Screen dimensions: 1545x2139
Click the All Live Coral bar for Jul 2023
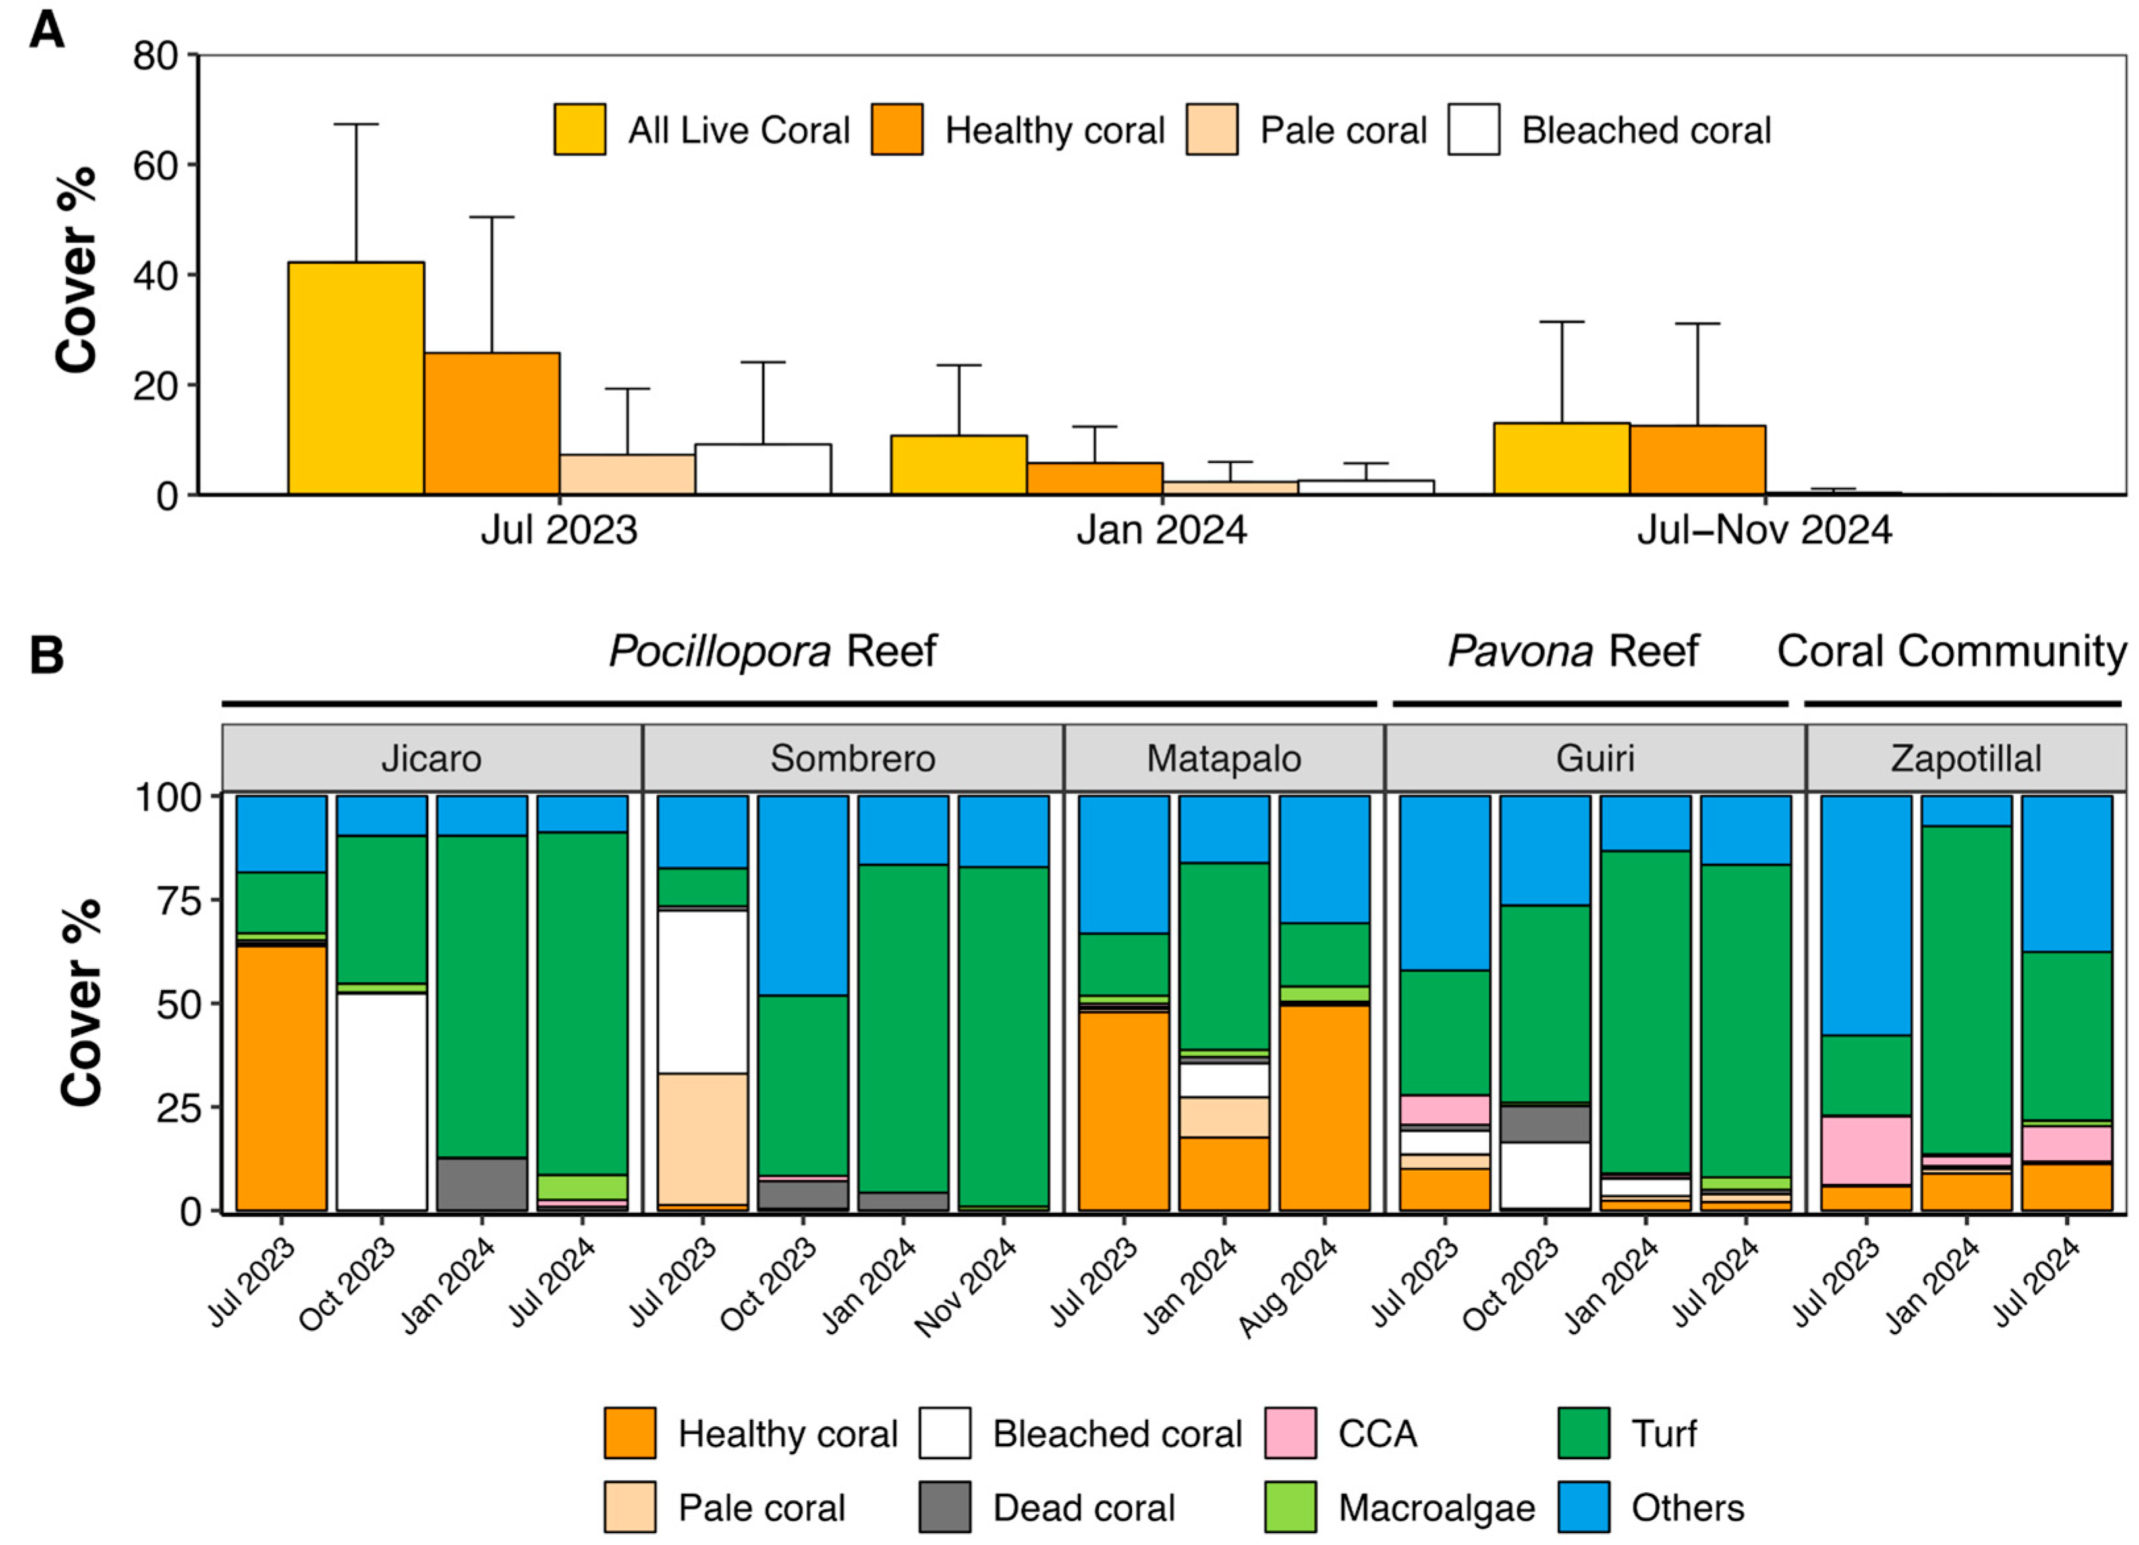point(356,378)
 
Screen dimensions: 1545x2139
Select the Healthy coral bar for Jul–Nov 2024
point(1697,459)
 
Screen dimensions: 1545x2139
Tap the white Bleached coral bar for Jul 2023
point(763,469)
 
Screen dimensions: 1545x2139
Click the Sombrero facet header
point(852,758)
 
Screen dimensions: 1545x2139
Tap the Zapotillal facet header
point(1966,758)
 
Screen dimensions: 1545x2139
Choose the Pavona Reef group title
point(1572,652)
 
